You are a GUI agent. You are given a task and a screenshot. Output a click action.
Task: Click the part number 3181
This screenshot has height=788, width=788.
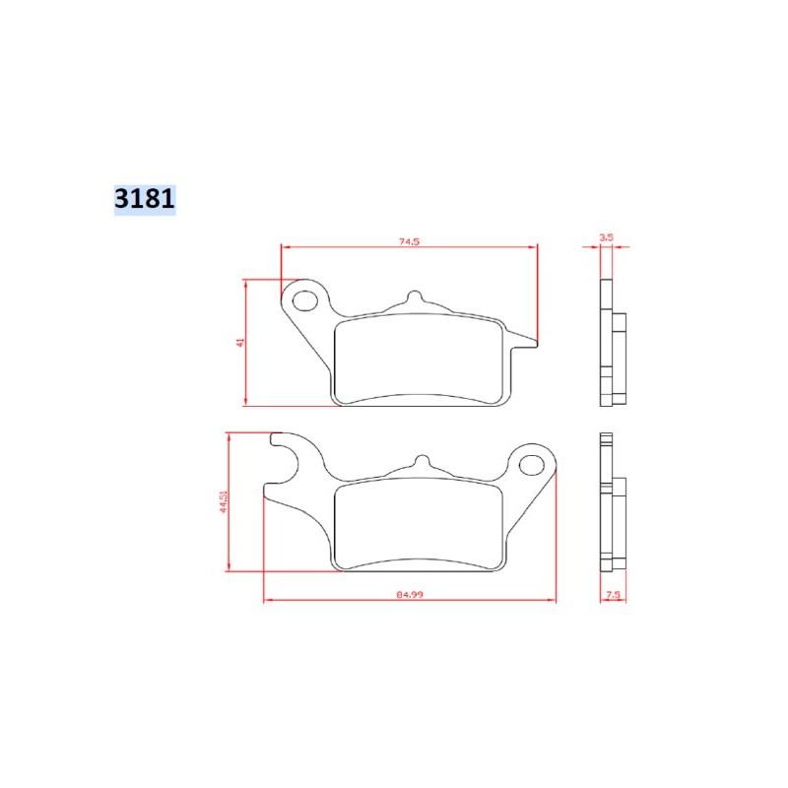point(144,198)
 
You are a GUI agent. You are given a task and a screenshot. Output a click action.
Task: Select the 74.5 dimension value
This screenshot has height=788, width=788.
point(410,241)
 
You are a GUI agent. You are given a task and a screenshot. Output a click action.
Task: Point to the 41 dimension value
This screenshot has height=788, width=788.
point(239,341)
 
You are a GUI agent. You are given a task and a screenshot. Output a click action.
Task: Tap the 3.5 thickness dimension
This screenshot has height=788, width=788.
point(607,237)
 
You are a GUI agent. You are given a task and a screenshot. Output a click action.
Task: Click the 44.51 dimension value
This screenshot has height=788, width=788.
point(224,501)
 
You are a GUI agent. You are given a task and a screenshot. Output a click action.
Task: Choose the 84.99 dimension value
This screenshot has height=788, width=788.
point(410,595)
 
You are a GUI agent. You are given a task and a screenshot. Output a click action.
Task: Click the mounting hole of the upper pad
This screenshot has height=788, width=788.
point(306,297)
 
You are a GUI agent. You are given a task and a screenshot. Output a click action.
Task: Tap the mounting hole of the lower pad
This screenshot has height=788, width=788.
point(533,461)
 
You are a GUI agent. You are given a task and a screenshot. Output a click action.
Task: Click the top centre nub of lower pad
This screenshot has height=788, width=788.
point(421,462)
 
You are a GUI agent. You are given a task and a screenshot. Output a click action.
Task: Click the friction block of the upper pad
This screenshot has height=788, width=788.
point(419,360)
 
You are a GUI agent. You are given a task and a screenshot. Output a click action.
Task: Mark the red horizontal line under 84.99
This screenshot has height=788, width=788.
point(410,602)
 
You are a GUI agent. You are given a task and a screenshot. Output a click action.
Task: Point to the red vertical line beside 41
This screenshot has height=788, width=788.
point(245,341)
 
